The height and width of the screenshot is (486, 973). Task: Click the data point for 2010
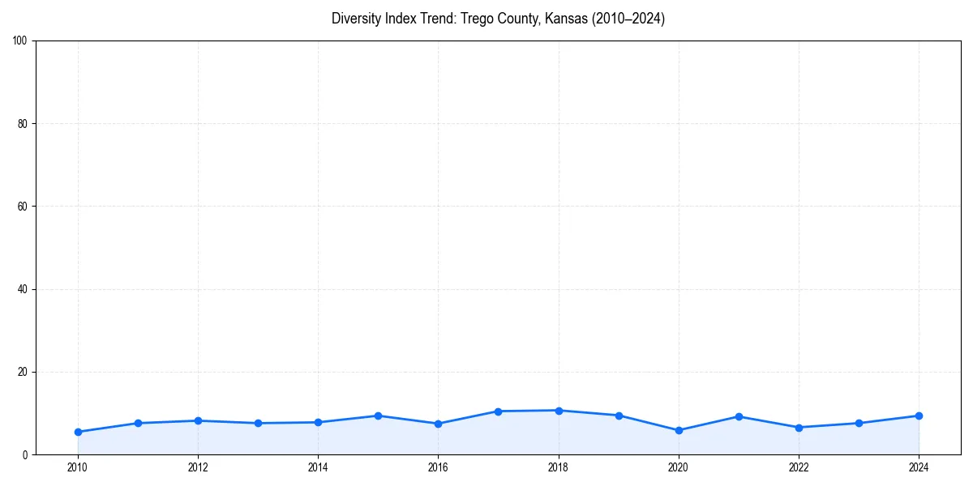(78, 432)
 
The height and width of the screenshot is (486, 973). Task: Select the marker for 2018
(559, 411)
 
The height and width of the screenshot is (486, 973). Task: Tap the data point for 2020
(679, 430)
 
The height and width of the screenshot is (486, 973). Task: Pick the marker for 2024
(919, 416)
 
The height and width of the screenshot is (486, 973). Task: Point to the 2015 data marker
(378, 416)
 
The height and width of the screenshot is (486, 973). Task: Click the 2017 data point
(498, 411)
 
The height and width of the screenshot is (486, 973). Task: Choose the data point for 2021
(739, 416)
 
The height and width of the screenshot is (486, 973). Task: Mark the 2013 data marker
(258, 423)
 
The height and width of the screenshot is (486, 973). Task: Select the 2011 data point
(138, 423)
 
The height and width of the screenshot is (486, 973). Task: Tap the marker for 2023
(859, 423)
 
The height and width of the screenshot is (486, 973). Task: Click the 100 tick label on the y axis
(20, 40)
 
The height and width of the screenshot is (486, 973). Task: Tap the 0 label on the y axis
(25, 455)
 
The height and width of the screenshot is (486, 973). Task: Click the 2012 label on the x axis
(198, 467)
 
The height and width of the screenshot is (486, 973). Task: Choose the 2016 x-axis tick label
(438, 467)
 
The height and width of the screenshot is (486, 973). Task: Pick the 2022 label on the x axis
(799, 467)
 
